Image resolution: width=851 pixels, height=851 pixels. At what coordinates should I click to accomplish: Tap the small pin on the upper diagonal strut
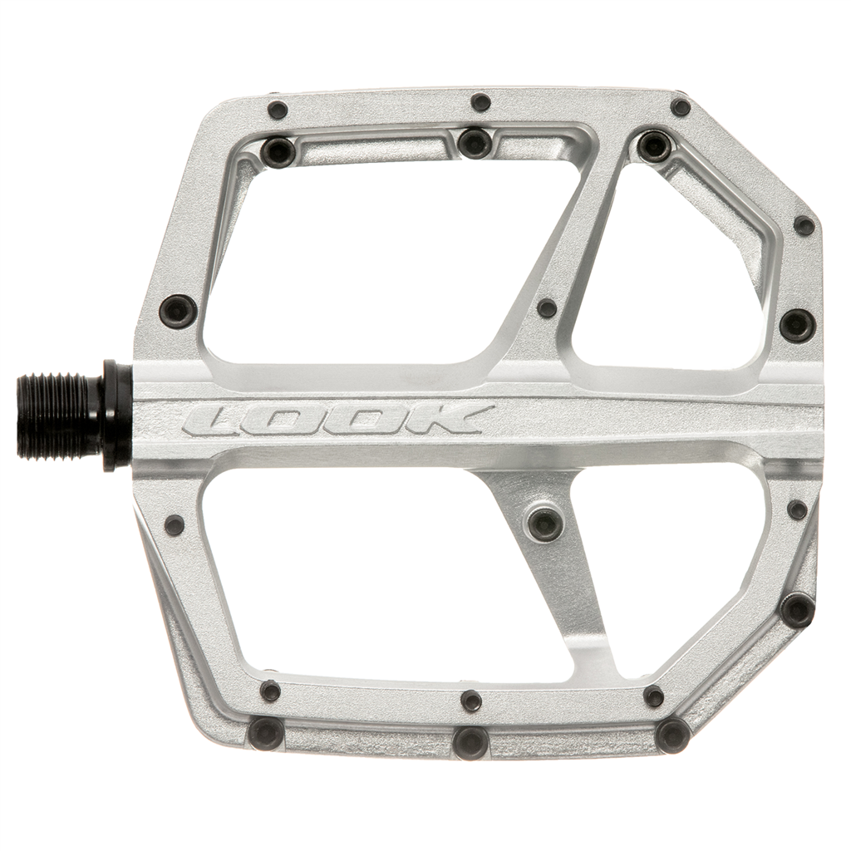(546, 309)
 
